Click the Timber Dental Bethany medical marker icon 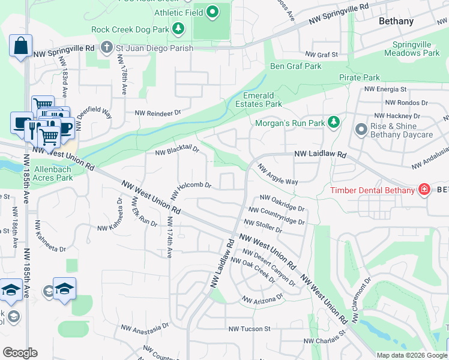pyautogui.click(x=424, y=190)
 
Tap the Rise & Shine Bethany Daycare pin pyautogui.click(x=361, y=130)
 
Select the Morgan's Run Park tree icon pyautogui.click(x=334, y=123)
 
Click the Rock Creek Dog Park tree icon pyautogui.click(x=178, y=29)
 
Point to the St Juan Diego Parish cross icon pyautogui.click(x=106, y=48)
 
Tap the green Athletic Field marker pyautogui.click(x=212, y=11)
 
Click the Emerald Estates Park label pyautogui.click(x=262, y=100)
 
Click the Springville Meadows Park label pyautogui.click(x=416, y=49)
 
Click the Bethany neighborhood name pyautogui.click(x=396, y=21)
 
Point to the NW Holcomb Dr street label pyautogui.click(x=191, y=190)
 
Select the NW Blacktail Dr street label pyautogui.click(x=177, y=151)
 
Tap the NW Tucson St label pyautogui.click(x=250, y=329)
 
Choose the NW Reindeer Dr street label pyautogui.click(x=157, y=113)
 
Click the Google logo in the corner pyautogui.click(x=19, y=353)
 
